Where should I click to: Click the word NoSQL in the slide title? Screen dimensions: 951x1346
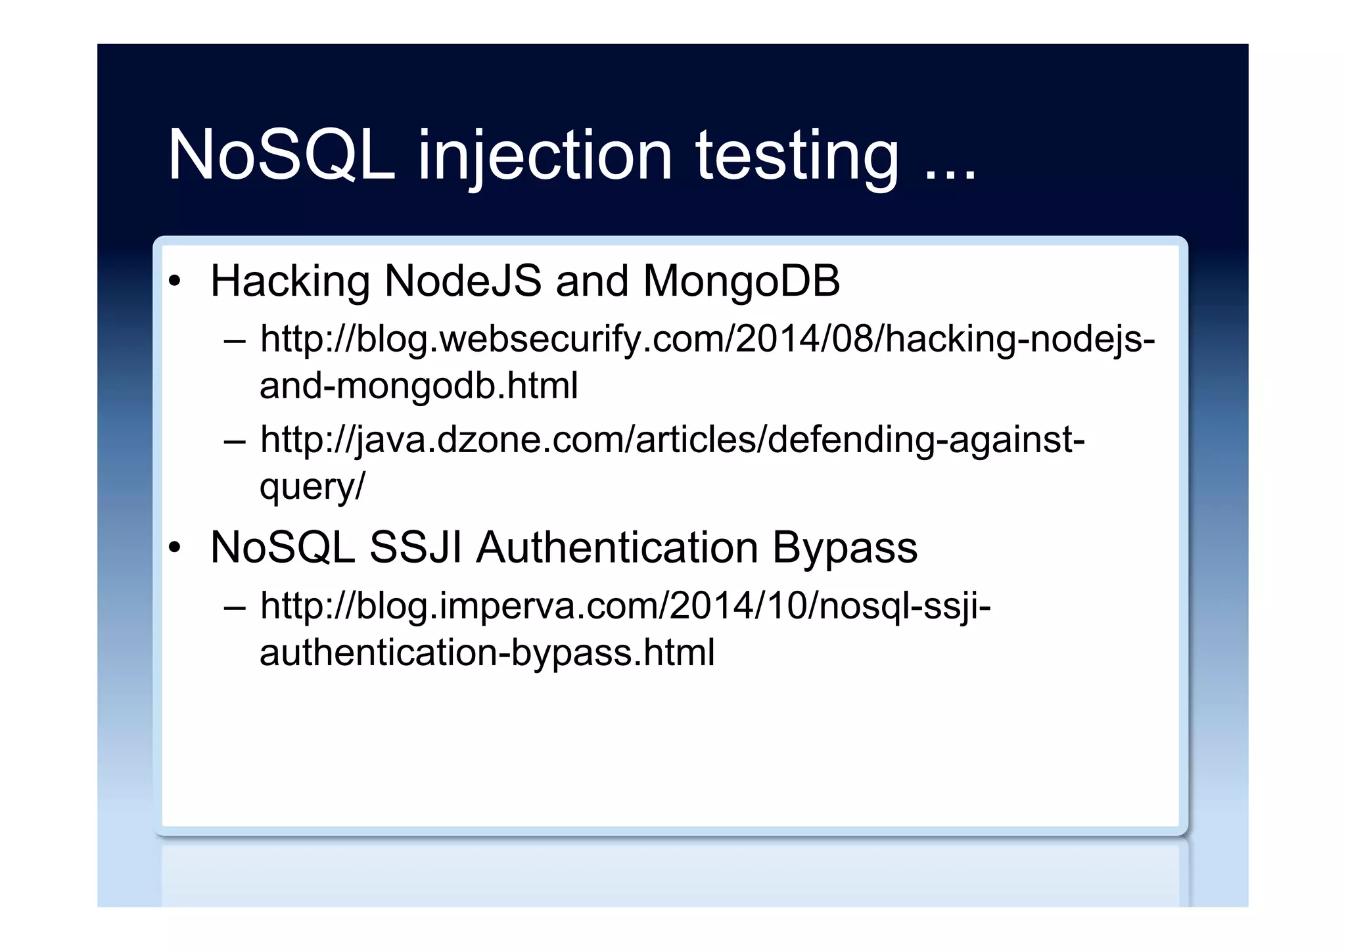[281, 155]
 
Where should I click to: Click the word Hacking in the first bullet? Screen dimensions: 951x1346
[290, 282]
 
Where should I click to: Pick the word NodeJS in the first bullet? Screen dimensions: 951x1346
[463, 281]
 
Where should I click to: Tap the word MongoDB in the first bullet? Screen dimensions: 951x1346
[741, 282]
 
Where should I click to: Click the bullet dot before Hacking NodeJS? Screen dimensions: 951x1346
[174, 282]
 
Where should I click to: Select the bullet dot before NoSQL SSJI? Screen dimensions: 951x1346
[174, 548]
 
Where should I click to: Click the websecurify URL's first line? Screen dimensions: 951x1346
[707, 340]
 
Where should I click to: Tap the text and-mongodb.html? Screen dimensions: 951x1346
[419, 385]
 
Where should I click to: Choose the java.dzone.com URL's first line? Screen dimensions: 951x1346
[672, 440]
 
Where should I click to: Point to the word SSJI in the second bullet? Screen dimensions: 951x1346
[415, 547]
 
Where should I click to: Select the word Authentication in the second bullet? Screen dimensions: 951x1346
[617, 547]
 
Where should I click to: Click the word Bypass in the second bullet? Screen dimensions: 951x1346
[845, 549]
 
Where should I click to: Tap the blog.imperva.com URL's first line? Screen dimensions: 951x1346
[625, 606]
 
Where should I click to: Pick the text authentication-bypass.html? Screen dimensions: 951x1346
[487, 653]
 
